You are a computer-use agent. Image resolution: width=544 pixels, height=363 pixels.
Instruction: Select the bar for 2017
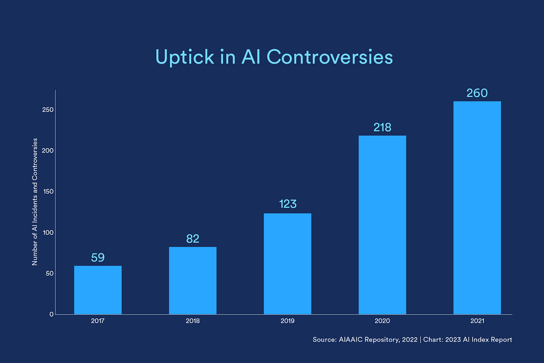pyautogui.click(x=98, y=290)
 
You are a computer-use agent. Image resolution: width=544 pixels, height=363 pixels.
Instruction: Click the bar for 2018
pyautogui.click(x=192, y=281)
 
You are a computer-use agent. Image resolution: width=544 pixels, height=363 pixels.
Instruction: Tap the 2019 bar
pyautogui.click(x=287, y=264)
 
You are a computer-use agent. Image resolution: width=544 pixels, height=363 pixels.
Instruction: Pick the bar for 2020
pyautogui.click(x=382, y=225)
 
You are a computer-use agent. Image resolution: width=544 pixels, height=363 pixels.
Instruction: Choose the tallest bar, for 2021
pyautogui.click(x=477, y=208)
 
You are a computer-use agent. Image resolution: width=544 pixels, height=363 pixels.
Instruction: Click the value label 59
pyautogui.click(x=98, y=258)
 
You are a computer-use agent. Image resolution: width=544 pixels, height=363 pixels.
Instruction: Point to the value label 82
pyautogui.click(x=192, y=239)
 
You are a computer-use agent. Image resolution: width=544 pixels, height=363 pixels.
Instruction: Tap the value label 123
pyautogui.click(x=288, y=204)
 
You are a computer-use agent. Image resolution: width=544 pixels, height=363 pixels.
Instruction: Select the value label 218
pyautogui.click(x=382, y=128)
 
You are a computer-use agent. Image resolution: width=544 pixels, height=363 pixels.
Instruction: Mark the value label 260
pyautogui.click(x=477, y=93)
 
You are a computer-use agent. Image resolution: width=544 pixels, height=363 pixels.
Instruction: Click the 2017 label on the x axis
pyautogui.click(x=98, y=321)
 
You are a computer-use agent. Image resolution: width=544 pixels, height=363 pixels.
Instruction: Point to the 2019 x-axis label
pyautogui.click(x=287, y=321)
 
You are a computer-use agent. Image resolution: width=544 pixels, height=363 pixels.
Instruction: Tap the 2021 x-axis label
pyautogui.click(x=477, y=321)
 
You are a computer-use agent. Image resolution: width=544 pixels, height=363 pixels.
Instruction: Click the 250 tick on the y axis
pyautogui.click(x=48, y=110)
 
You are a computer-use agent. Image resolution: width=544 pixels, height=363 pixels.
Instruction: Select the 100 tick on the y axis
pyautogui.click(x=48, y=232)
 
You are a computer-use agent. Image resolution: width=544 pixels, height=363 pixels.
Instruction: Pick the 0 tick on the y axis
pyautogui.click(x=52, y=314)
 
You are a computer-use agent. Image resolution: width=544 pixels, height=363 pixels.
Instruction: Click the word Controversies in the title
pyautogui.click(x=330, y=57)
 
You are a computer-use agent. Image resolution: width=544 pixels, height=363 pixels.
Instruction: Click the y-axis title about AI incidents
pyautogui.click(x=35, y=202)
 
